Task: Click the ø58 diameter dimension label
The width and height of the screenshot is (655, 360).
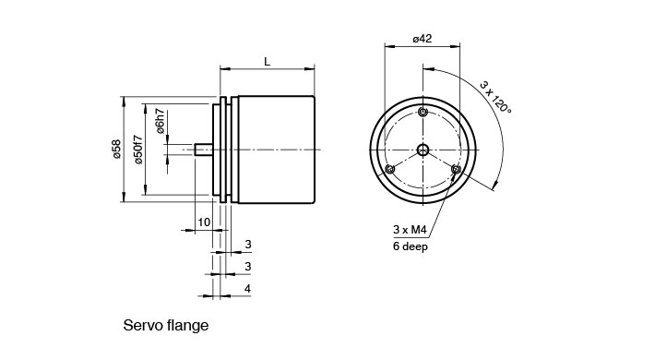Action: point(117,150)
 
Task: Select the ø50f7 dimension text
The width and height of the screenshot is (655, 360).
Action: point(137,150)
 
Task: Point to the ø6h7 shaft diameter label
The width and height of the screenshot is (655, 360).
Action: point(161,121)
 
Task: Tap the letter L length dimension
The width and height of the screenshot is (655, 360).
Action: point(268,62)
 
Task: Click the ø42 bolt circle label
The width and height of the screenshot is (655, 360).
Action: point(423,39)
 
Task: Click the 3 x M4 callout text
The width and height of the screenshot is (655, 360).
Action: point(410,230)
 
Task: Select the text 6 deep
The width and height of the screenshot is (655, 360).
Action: point(411,246)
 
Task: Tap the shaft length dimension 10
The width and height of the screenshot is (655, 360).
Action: point(204,222)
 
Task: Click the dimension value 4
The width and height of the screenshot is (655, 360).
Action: point(248,289)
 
